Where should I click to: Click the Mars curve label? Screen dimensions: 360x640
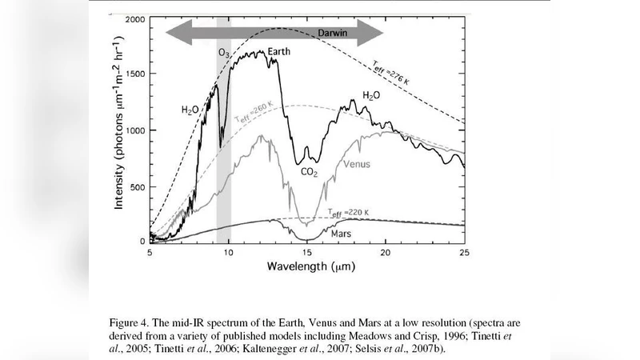pos(343,234)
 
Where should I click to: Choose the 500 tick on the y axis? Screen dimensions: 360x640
pos(138,186)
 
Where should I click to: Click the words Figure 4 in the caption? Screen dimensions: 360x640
pos(132,322)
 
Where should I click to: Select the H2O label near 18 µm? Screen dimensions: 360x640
pos(371,94)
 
